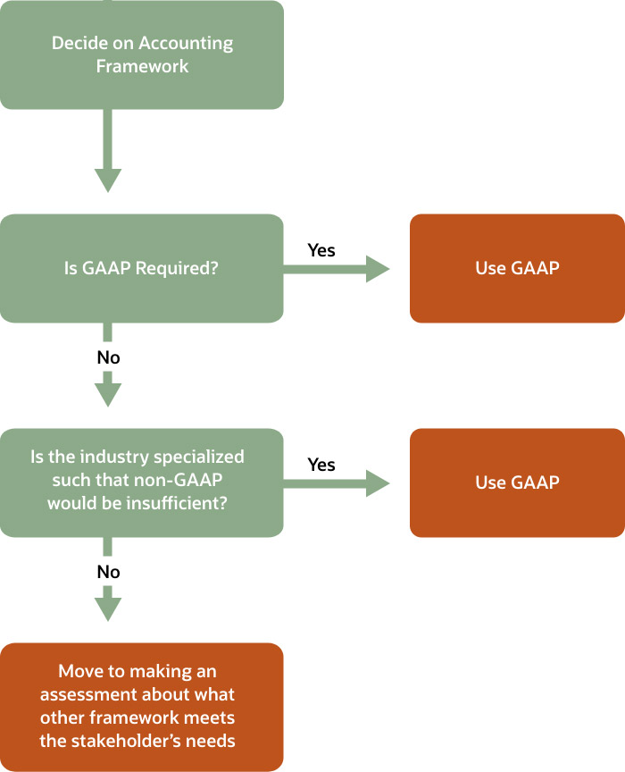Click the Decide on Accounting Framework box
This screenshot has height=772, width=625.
142,55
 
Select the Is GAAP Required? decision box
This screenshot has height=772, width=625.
142,268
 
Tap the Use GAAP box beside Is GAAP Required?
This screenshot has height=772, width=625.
517,268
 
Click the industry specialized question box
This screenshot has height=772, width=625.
142,482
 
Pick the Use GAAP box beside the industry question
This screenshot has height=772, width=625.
517,482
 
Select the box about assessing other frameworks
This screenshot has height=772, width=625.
142,706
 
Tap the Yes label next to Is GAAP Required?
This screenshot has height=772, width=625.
321,250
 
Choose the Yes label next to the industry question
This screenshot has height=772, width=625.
321,465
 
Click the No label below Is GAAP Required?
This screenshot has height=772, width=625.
108,357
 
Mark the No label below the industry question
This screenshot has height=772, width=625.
108,572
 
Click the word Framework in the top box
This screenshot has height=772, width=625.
142,66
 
